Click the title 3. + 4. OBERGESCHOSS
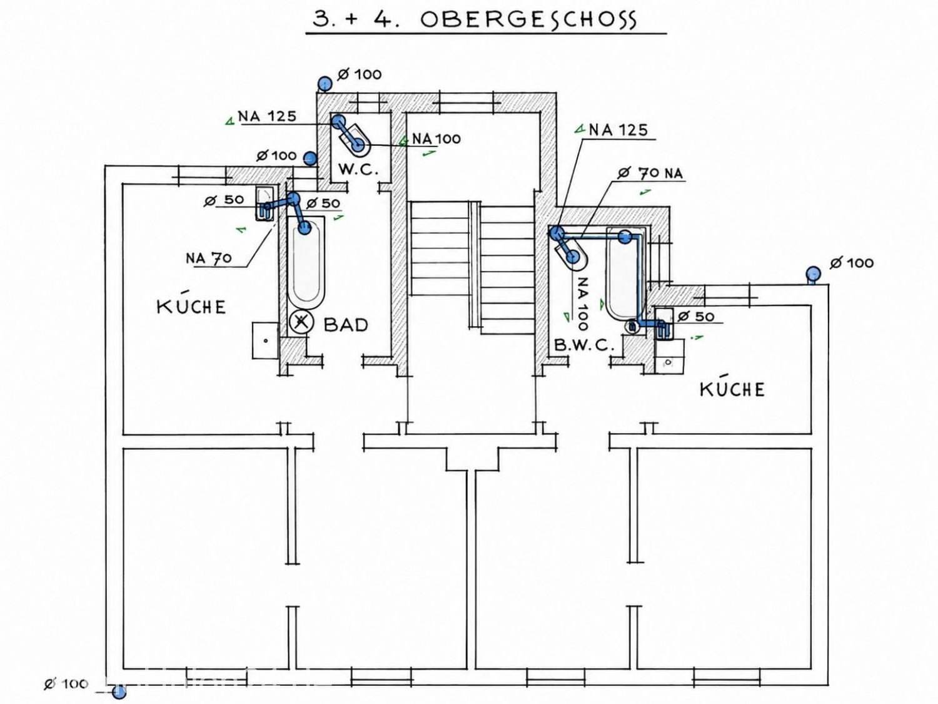[x=475, y=19]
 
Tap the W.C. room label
[x=359, y=170]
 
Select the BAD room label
[x=346, y=325]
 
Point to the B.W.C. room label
[x=583, y=345]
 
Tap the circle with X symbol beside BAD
[x=301, y=321]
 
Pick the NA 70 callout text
[x=208, y=258]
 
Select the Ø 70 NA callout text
[x=650, y=173]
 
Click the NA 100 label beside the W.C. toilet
[x=436, y=138]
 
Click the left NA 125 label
[x=267, y=116]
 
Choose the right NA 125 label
[x=618, y=130]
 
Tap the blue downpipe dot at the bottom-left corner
[x=119, y=691]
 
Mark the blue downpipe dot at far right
[x=813, y=273]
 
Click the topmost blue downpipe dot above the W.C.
[x=325, y=83]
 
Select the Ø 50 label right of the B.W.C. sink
[x=696, y=316]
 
